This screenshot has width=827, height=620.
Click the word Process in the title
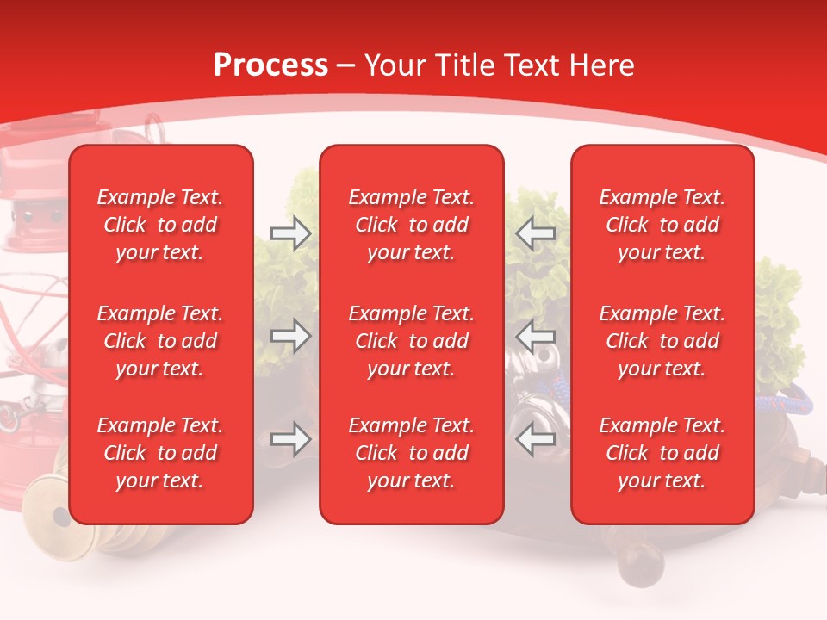(270, 65)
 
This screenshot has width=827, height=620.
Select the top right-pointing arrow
(290, 232)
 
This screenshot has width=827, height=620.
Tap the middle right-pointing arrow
(290, 336)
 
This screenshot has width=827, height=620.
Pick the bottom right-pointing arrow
(290, 439)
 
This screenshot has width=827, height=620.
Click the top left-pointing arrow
(535, 232)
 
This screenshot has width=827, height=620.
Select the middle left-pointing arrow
(535, 336)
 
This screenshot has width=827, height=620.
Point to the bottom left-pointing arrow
(535, 439)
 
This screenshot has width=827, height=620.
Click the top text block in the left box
(160, 225)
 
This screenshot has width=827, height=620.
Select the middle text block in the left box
(160, 341)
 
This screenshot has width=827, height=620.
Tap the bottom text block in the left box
(160, 453)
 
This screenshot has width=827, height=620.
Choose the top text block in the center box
(411, 225)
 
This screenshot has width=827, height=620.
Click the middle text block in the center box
(411, 341)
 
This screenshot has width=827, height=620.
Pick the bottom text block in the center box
(411, 453)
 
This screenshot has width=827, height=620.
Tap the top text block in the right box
(662, 225)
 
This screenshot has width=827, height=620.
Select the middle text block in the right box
(662, 341)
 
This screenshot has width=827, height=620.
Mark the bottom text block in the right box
(662, 453)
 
